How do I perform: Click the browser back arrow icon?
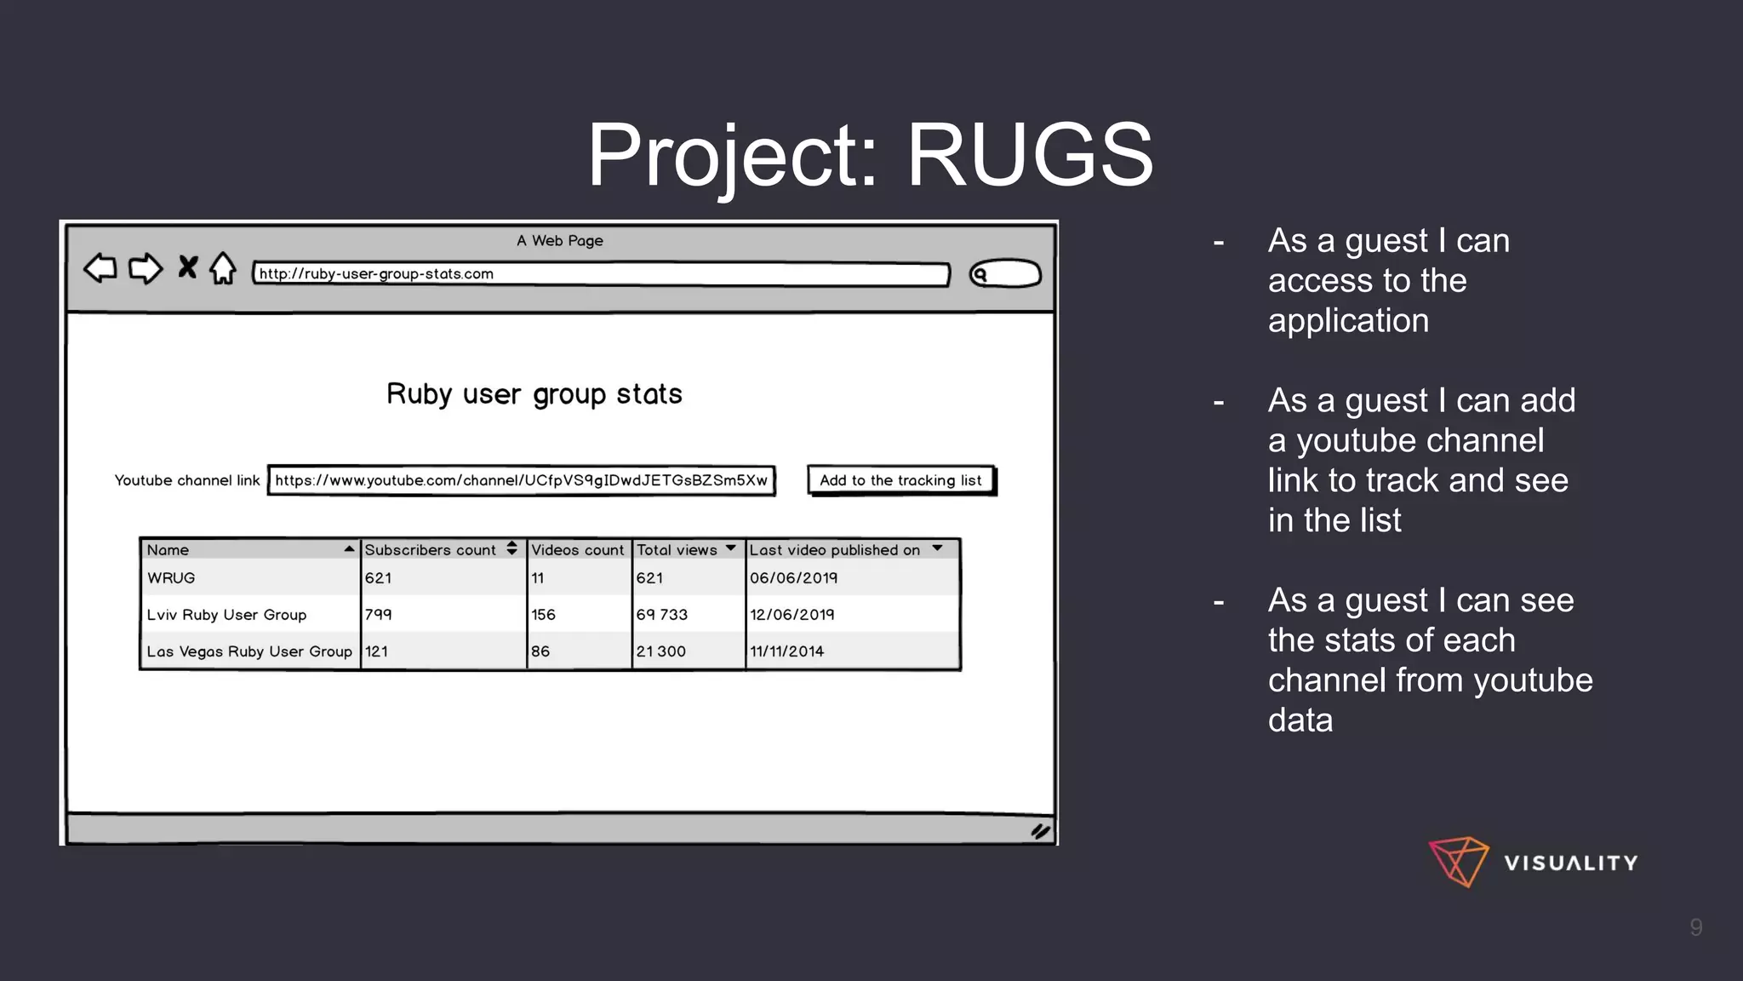(x=100, y=268)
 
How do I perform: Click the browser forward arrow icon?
(x=145, y=268)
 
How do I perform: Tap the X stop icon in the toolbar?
(x=187, y=267)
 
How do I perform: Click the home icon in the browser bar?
(x=223, y=268)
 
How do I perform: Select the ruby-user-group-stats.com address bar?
(x=600, y=274)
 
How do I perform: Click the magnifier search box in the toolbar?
(x=1005, y=274)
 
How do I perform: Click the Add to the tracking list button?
(x=900, y=480)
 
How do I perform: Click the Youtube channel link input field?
(x=521, y=480)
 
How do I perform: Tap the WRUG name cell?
(x=171, y=578)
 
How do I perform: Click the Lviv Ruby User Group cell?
(x=226, y=615)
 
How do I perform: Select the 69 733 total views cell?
(x=662, y=615)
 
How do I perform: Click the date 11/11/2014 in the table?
(x=786, y=651)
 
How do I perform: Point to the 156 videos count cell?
(x=543, y=615)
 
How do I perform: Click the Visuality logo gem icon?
(x=1459, y=862)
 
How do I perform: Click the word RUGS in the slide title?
(x=1030, y=155)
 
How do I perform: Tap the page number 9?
(x=1695, y=927)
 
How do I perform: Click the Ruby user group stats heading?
(x=534, y=394)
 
